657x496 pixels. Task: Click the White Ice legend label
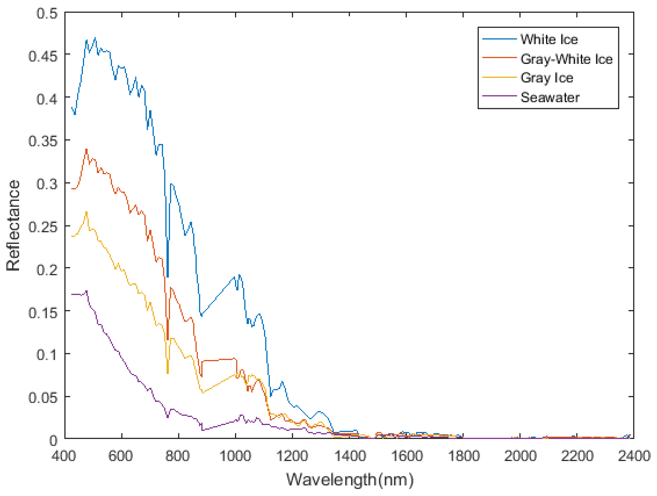[x=549, y=39]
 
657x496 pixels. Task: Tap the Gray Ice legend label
[x=546, y=78]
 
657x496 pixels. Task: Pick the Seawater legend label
[x=550, y=97]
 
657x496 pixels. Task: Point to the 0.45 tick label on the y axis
[x=43, y=56]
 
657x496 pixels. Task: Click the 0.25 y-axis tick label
[x=43, y=227]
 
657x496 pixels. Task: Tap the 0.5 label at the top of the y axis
[x=47, y=13]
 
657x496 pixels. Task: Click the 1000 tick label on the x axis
[x=235, y=456]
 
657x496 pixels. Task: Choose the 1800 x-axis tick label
[x=463, y=456]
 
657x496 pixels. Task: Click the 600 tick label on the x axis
[x=121, y=456]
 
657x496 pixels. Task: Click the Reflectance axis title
[x=13, y=225]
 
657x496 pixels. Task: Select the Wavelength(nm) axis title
[x=350, y=480]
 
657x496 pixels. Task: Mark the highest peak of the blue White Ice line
[x=95, y=38]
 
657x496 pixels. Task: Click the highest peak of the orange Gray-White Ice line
[x=87, y=149]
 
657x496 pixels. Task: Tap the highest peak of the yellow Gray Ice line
[x=87, y=212]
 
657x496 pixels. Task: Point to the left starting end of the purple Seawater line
[x=72, y=294]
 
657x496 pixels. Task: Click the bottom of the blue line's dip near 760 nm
[x=168, y=277]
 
